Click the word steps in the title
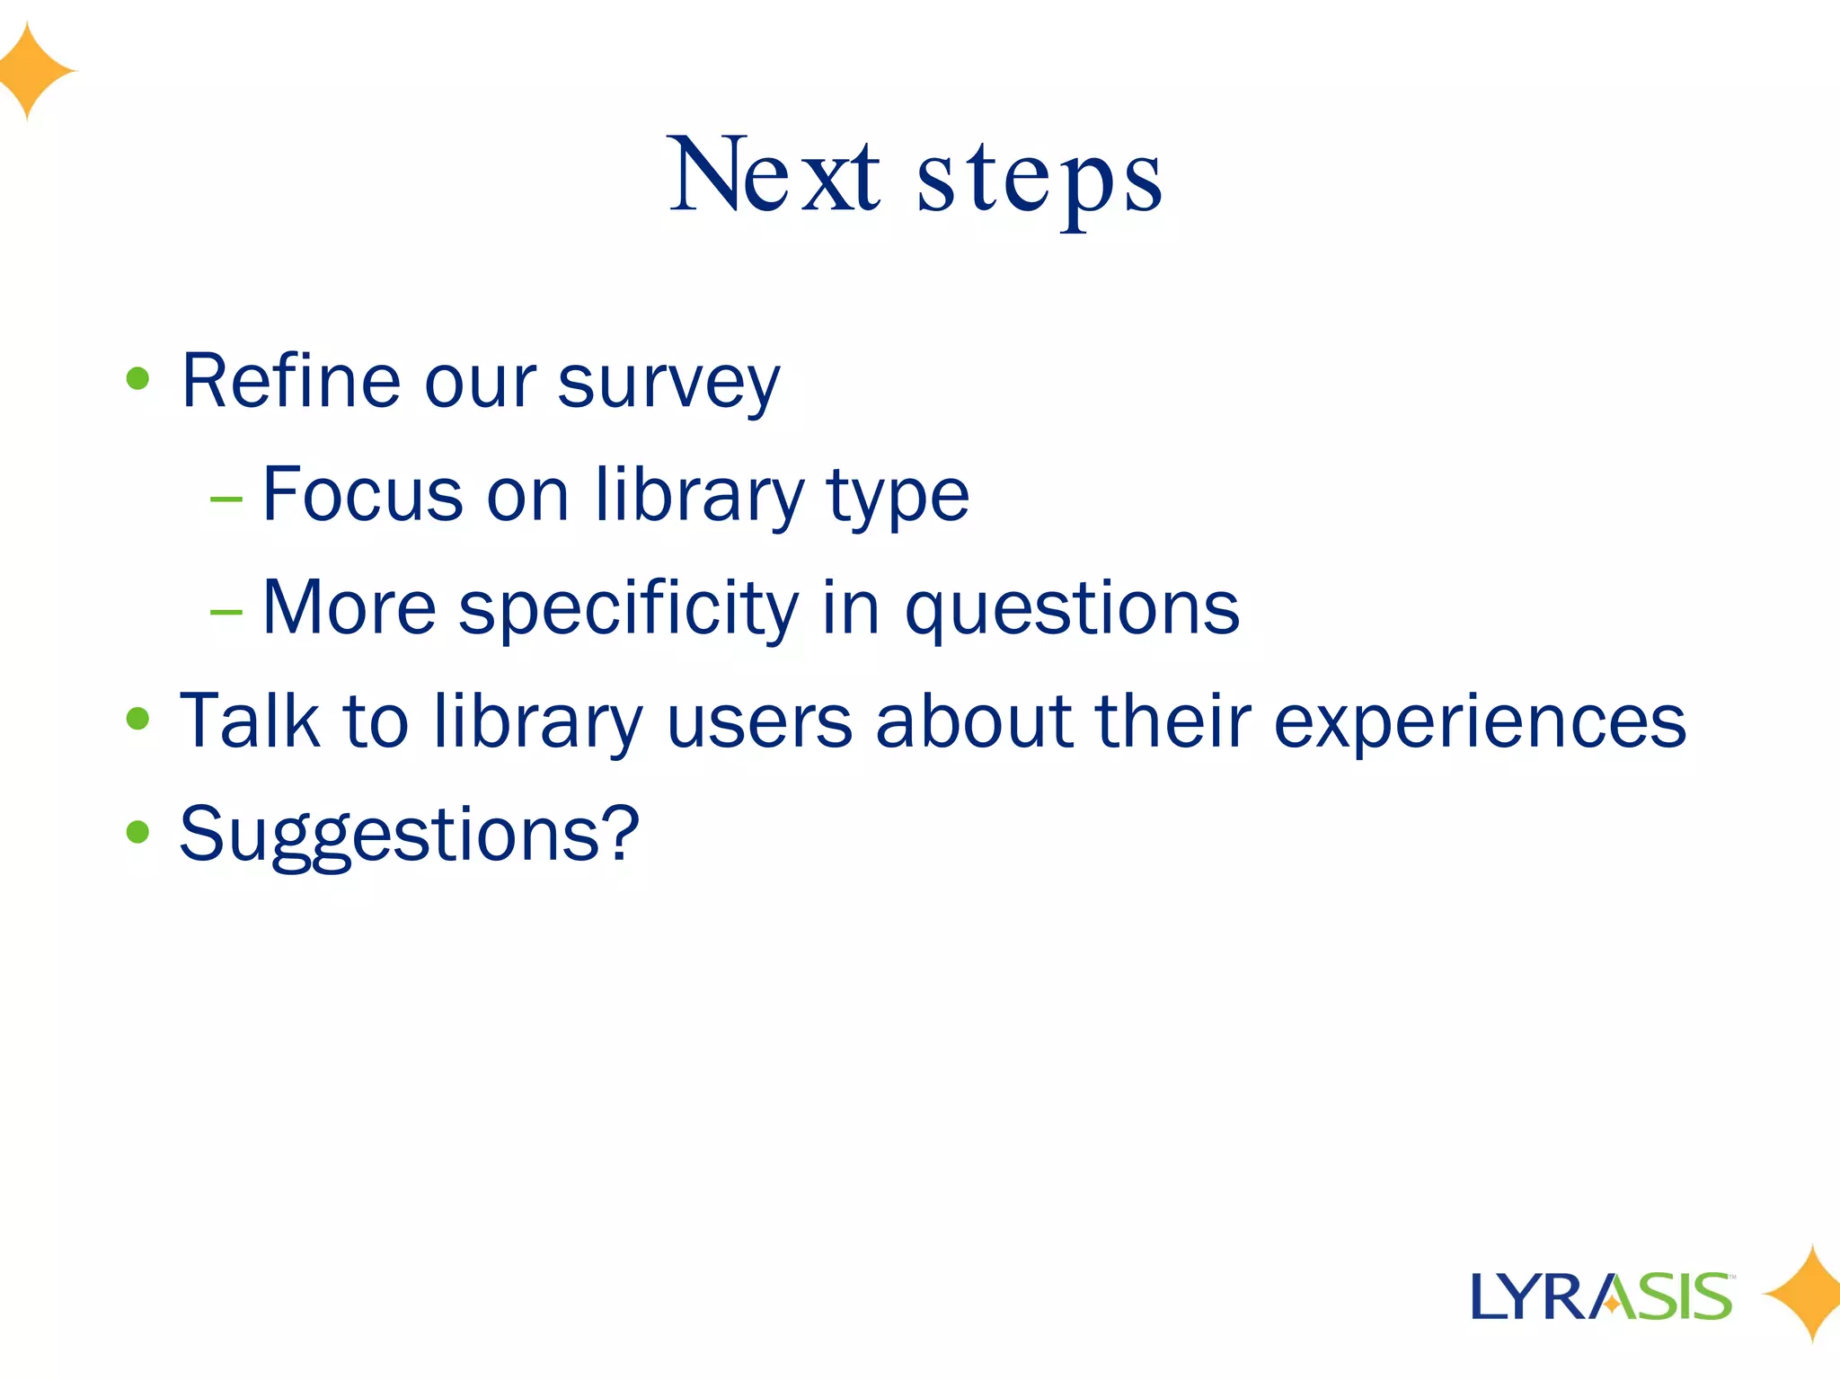coord(1039,180)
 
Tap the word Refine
coord(290,381)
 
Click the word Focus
coord(363,495)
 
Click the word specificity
coord(628,609)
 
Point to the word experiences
coord(1480,724)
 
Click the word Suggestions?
coord(409,836)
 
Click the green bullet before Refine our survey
coord(137,378)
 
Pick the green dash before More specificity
coord(226,612)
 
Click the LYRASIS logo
coord(1601,1296)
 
